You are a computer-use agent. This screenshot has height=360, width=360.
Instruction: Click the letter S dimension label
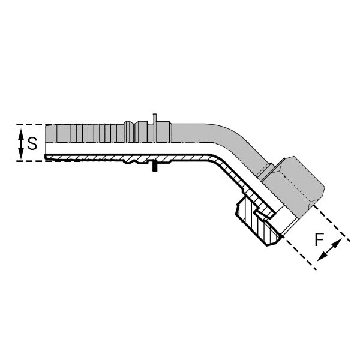[x=33, y=143]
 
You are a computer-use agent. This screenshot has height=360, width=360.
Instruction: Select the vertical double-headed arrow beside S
[x=21, y=143]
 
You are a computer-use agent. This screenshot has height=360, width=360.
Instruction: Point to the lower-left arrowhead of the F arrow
[x=321, y=257]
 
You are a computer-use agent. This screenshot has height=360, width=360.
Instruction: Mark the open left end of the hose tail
[x=47, y=143]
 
